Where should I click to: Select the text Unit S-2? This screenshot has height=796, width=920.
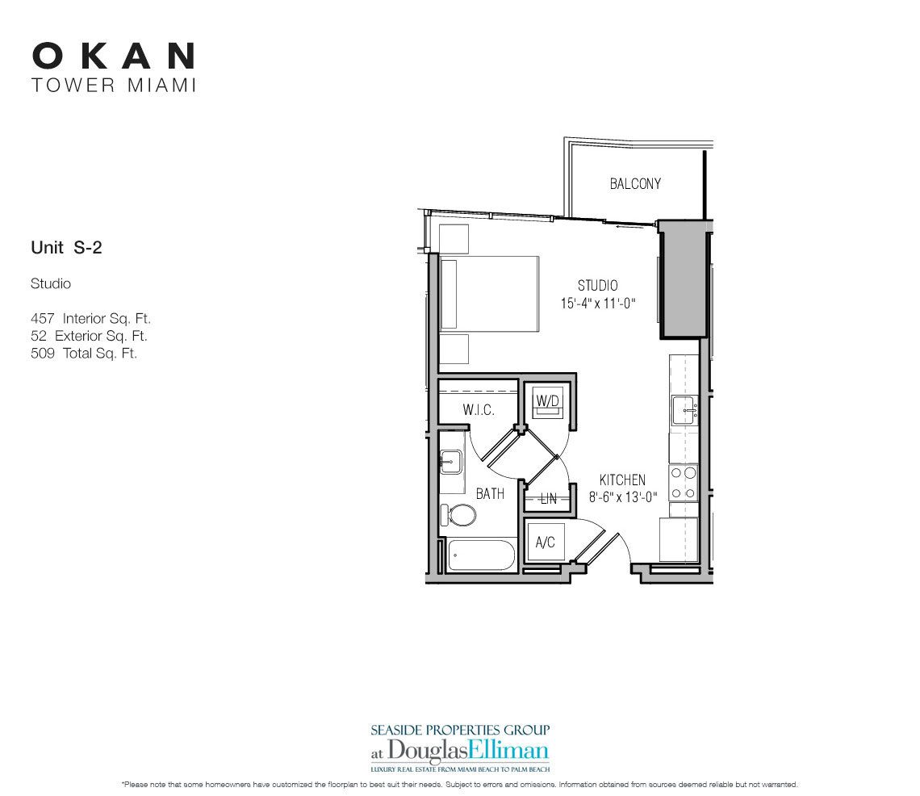coord(66,248)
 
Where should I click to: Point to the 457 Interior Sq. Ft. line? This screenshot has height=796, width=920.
coord(90,319)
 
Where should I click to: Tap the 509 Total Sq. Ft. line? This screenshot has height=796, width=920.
coord(84,353)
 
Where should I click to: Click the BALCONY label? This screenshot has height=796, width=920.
coord(635,184)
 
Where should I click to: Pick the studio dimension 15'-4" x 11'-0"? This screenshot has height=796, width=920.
coord(598,304)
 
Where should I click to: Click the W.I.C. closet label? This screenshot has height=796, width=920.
coord(478,410)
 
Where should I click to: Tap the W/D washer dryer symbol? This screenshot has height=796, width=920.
coord(547,402)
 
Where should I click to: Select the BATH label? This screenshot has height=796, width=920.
coord(490,493)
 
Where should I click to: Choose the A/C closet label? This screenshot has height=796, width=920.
coord(546,543)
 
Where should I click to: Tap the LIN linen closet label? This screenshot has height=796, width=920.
coord(549,499)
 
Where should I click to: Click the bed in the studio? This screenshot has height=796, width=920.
coord(489,294)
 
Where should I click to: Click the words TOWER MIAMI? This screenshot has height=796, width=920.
coord(114,85)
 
